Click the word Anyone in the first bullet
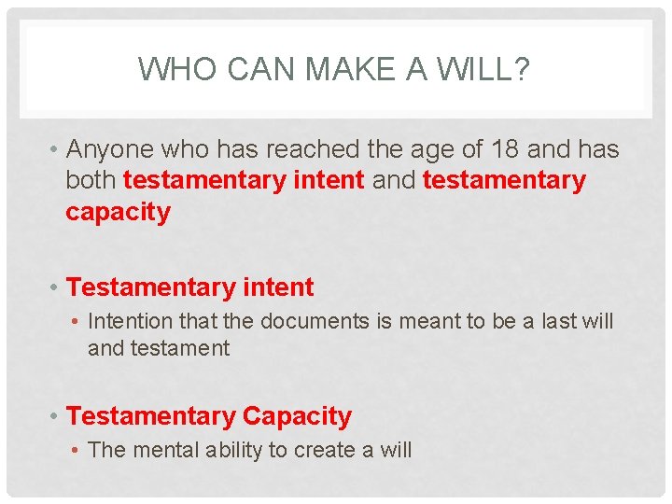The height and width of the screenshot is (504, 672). (x=110, y=149)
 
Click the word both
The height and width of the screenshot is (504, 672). (x=91, y=180)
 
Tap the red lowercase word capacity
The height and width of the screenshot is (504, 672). (x=118, y=212)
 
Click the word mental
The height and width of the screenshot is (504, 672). (x=166, y=450)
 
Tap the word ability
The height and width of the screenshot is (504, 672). (x=232, y=450)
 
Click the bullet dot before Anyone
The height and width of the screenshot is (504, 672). (x=56, y=150)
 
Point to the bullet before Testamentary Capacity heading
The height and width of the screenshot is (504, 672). (x=56, y=417)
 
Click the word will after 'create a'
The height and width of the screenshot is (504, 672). (x=395, y=450)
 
